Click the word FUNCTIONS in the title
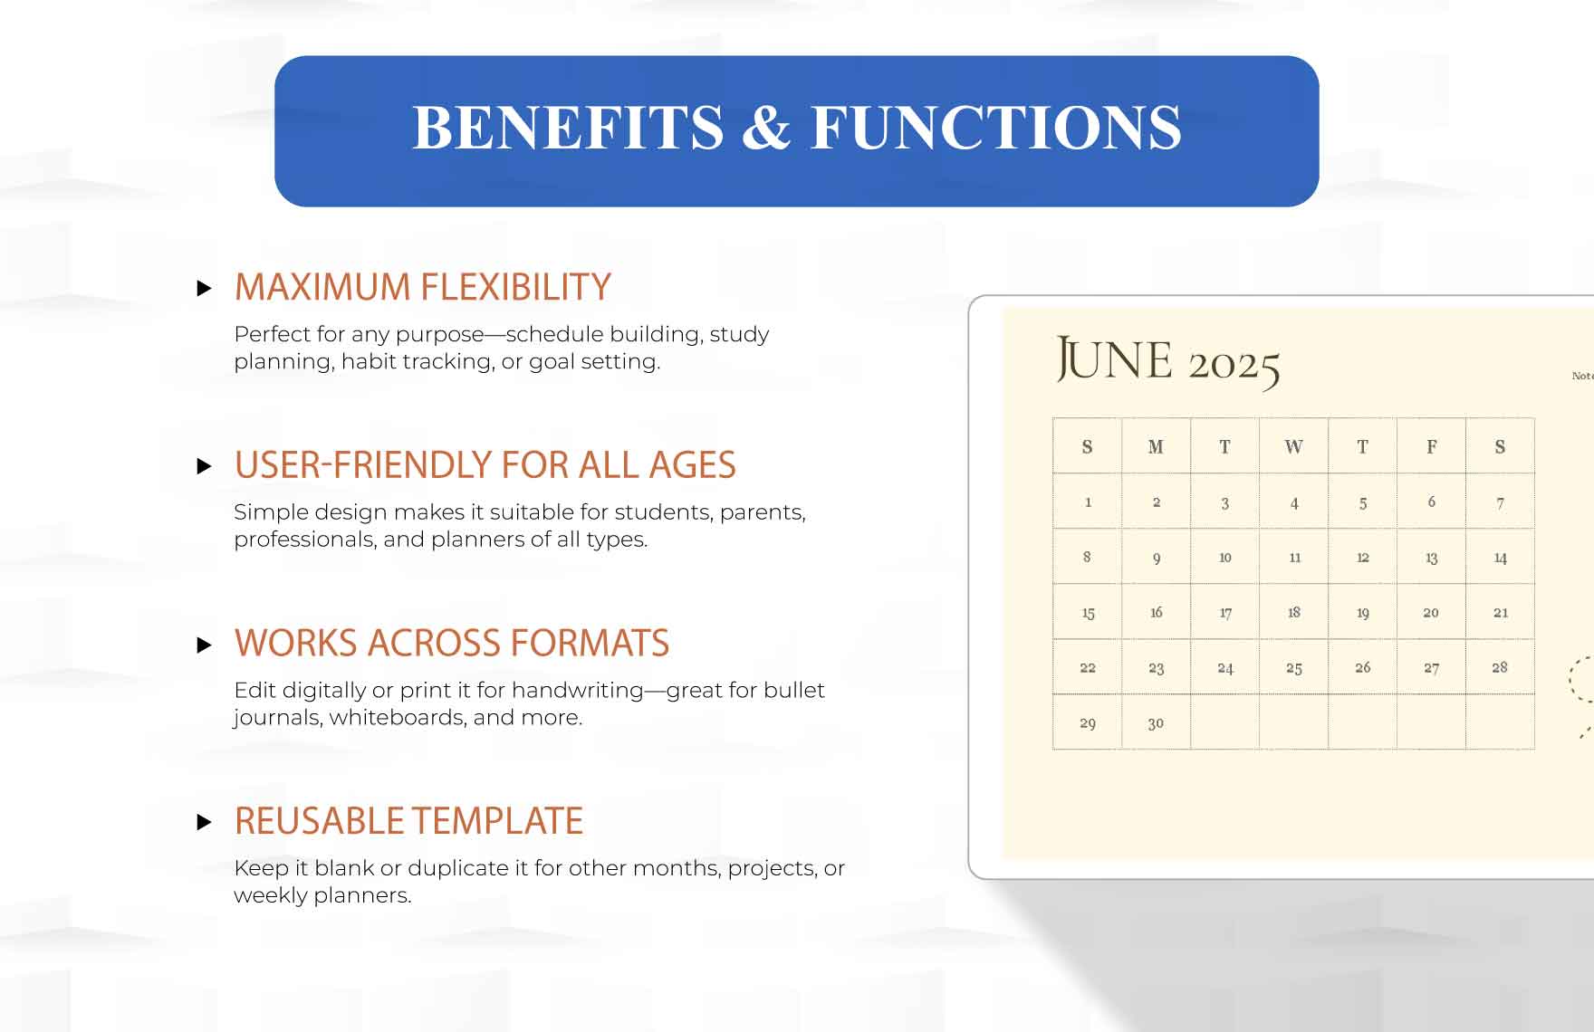tap(996, 127)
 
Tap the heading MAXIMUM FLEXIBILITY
tap(423, 287)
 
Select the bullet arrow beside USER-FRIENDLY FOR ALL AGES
tap(205, 466)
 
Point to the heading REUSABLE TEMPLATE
tap(408, 821)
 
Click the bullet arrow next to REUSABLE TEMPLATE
tap(205, 822)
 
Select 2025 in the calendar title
tap(1234, 367)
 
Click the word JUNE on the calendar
tap(1114, 360)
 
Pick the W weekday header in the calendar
tap(1293, 446)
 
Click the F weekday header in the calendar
tap(1432, 446)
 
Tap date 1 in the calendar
tap(1088, 502)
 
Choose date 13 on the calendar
tap(1431, 558)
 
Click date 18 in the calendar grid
tap(1294, 613)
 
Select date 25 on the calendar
tap(1294, 668)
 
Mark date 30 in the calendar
tap(1156, 723)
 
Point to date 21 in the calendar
tap(1501, 613)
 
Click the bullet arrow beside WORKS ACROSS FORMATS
tap(205, 645)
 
